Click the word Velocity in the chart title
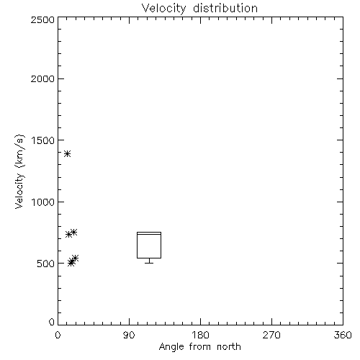pos(163,9)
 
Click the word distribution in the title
pos(225,8)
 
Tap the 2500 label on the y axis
pos(42,19)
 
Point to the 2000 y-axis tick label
pos(42,78)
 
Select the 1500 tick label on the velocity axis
pos(43,140)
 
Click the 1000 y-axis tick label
pos(43,202)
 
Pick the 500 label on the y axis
pos(46,264)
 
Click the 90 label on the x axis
pos(129,335)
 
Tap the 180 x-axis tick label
pos(200,335)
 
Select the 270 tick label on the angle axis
pos(271,335)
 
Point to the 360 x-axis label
pos(343,335)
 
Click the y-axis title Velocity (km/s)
pos(19,171)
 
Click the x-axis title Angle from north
pos(200,347)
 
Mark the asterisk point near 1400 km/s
pos(68,153)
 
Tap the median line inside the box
pos(149,234)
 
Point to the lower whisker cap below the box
pos(149,263)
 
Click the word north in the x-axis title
pos(229,347)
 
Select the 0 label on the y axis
pos(52,322)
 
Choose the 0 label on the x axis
pos(58,335)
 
